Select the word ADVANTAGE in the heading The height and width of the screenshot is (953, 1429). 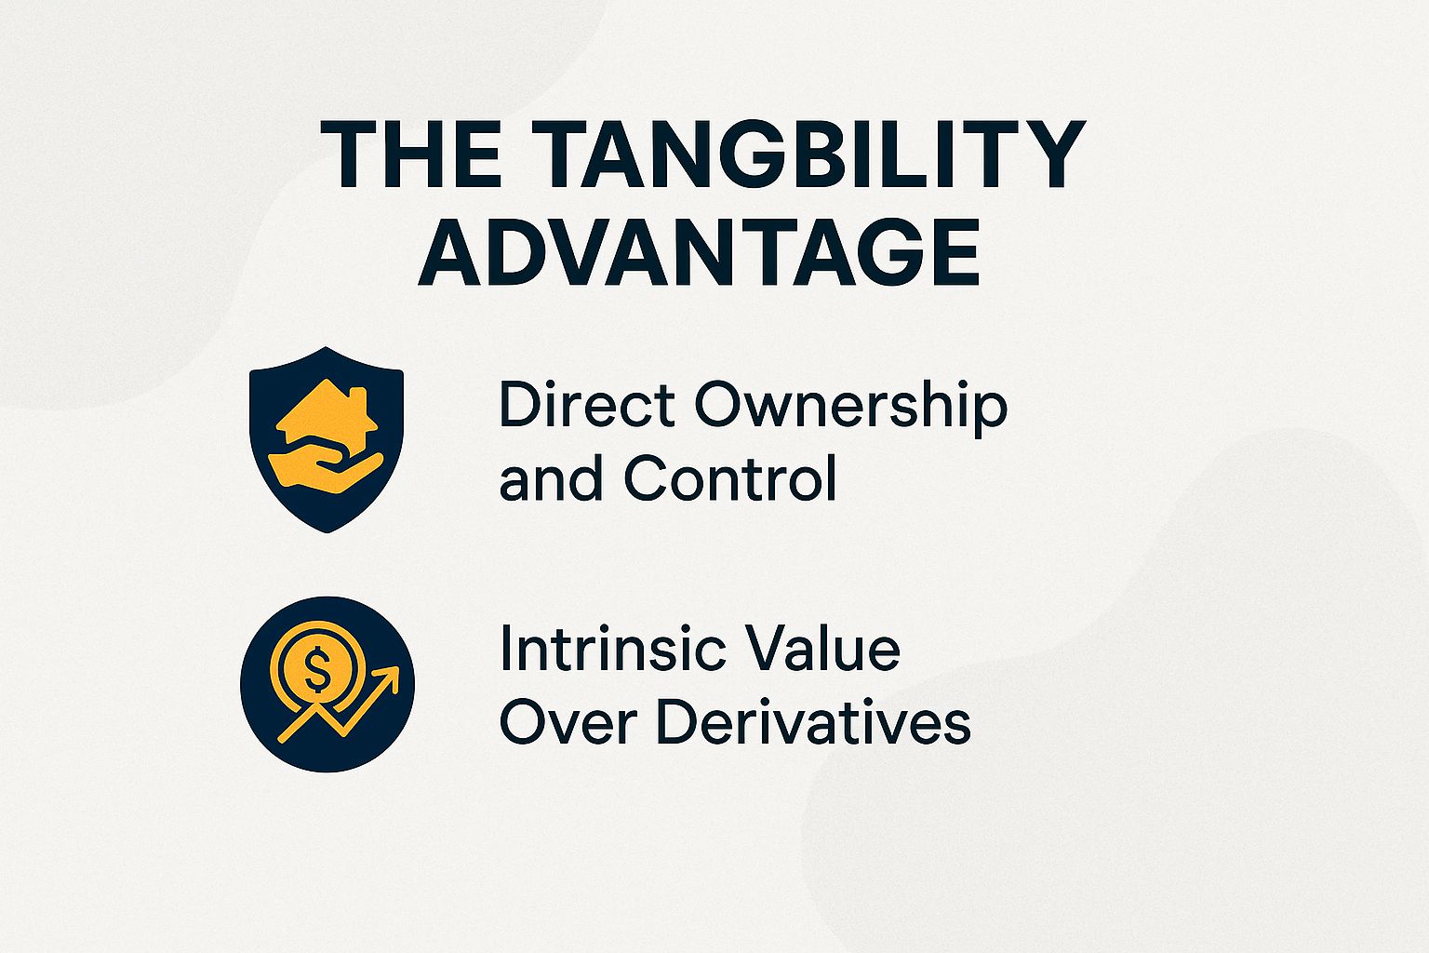click(x=699, y=252)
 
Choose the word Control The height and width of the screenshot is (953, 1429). click(x=729, y=479)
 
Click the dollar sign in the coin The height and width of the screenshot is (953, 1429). click(x=316, y=667)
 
